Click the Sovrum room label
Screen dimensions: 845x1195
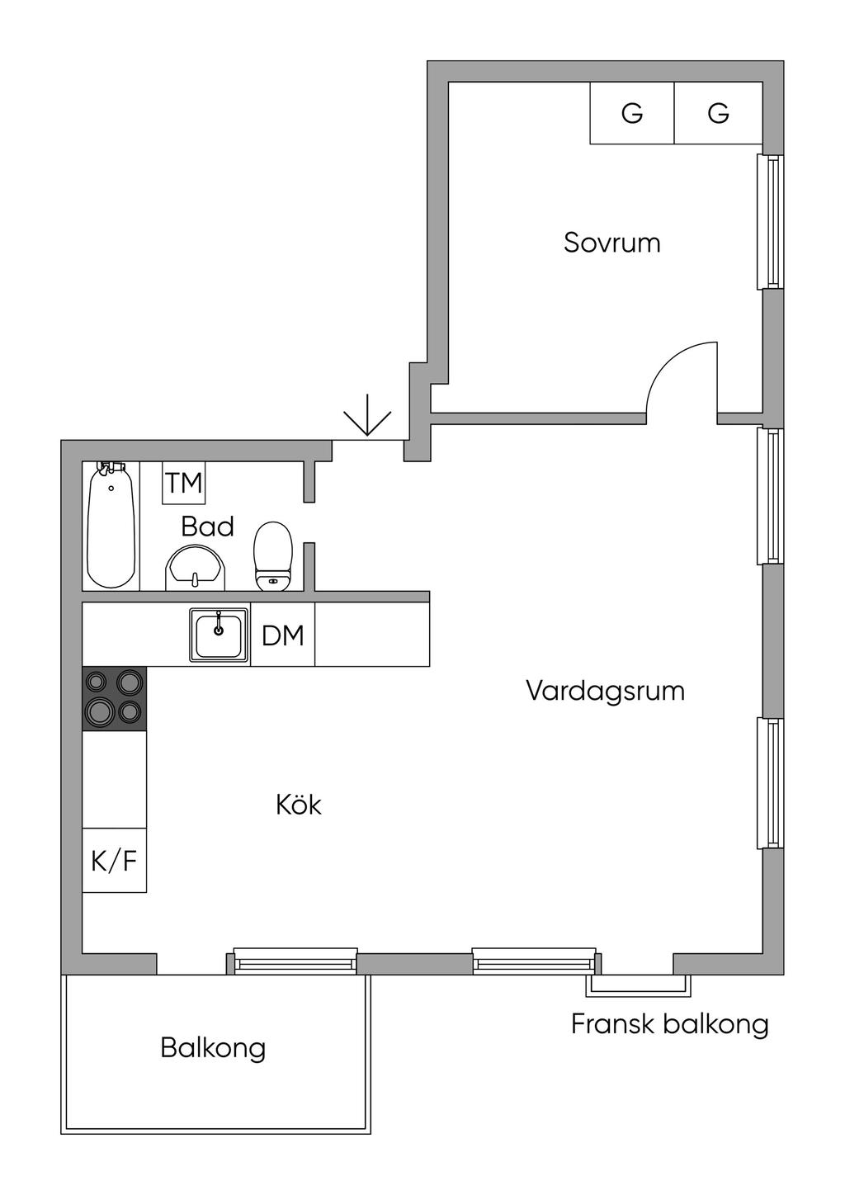[x=611, y=243]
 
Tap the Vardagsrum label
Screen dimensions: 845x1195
[x=605, y=690]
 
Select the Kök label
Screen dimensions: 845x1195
[x=299, y=805]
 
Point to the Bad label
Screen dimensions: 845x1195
[x=207, y=527]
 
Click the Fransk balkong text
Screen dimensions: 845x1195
[x=669, y=1024]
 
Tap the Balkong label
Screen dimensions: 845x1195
[x=213, y=1048]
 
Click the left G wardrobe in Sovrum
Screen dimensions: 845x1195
[x=632, y=113]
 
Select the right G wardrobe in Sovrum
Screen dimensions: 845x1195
[x=718, y=113]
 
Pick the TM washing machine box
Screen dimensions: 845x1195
[x=183, y=483]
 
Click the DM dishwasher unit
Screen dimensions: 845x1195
[x=282, y=635]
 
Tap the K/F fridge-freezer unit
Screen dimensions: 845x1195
[x=114, y=861]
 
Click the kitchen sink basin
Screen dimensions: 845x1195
[x=219, y=635]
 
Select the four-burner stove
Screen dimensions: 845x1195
[x=114, y=698]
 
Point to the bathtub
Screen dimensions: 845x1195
[x=111, y=526]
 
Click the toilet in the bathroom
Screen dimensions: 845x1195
[x=273, y=555]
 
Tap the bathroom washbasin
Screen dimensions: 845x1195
[x=196, y=569]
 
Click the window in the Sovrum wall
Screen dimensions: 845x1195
[x=771, y=222]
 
